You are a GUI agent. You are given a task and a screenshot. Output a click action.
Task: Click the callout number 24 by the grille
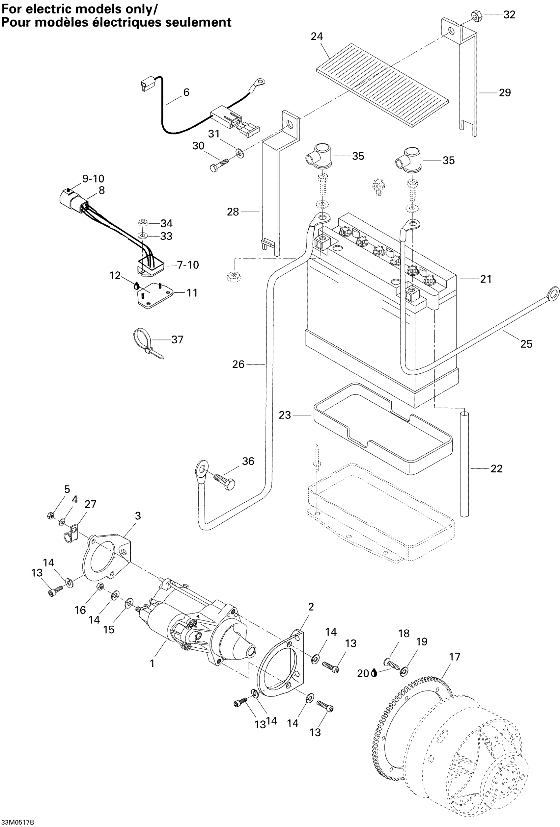point(317,36)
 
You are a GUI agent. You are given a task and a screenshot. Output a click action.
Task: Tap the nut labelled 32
point(476,15)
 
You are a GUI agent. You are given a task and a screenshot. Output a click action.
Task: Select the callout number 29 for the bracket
point(504,92)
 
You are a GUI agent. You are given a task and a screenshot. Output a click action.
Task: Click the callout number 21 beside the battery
point(486,279)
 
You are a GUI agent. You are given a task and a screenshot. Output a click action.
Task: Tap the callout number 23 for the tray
point(285,415)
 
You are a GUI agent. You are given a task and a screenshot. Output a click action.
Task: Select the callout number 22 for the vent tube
point(496,468)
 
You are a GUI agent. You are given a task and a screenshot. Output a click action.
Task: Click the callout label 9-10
point(93,178)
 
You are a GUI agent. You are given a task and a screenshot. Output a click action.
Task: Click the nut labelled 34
point(143,223)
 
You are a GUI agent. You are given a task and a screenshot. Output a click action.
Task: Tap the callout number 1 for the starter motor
point(152,663)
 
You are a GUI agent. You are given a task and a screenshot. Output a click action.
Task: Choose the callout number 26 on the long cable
point(238,364)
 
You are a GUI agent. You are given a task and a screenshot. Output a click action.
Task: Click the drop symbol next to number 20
point(374,673)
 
